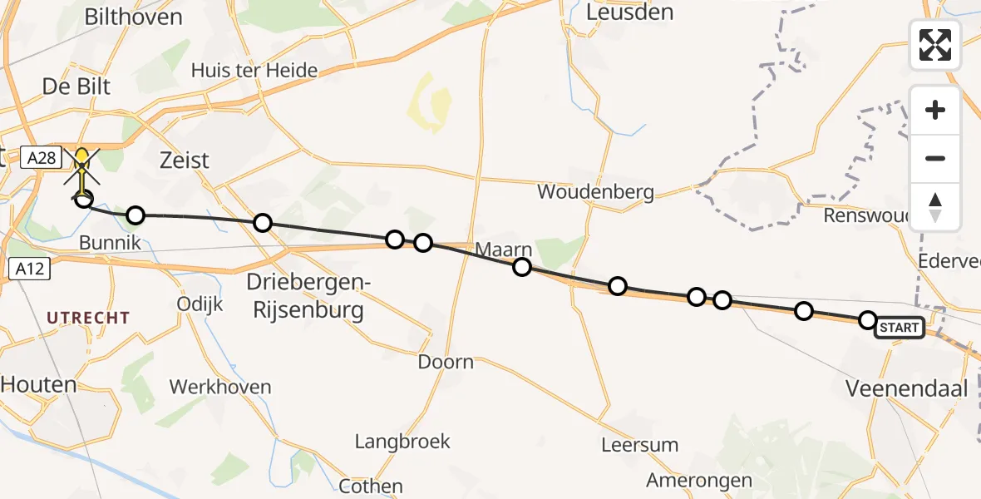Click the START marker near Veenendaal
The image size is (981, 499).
(899, 328)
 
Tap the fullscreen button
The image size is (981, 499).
(935, 45)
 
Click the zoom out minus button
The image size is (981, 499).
(935, 158)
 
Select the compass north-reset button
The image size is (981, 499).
(935, 207)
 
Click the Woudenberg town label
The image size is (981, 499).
(594, 192)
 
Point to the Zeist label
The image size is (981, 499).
(185, 160)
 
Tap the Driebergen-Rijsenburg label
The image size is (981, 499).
(308, 297)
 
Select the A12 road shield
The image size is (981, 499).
(28, 269)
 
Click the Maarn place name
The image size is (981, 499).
(503, 249)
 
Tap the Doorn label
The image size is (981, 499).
(446, 362)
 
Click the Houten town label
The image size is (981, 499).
(38, 384)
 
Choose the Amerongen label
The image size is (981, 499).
(699, 480)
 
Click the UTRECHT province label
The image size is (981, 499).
(88, 318)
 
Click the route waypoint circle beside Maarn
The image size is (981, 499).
(522, 267)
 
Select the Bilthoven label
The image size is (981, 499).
(133, 17)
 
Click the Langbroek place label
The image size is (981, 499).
(402, 442)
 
